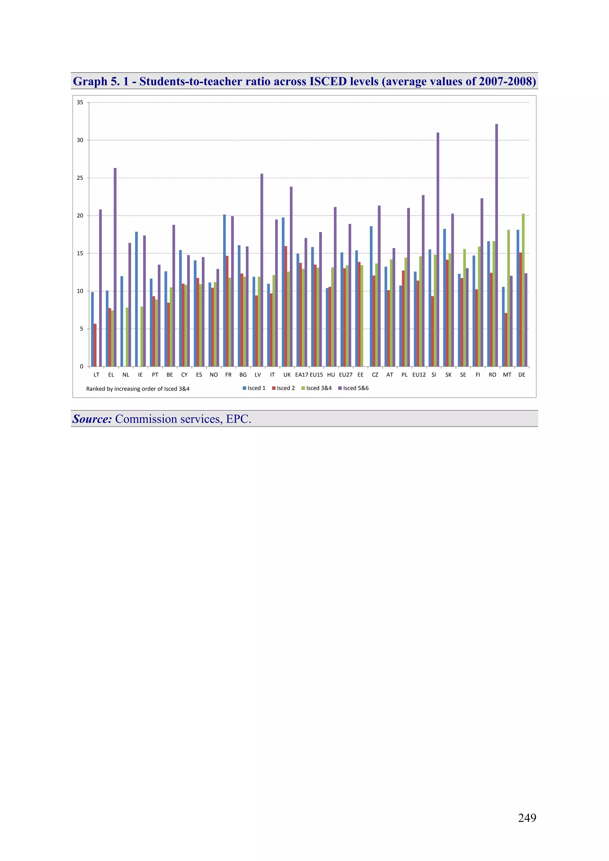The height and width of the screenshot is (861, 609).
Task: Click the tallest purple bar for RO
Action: point(496,245)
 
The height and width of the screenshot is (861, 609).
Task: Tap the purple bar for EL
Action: point(115,267)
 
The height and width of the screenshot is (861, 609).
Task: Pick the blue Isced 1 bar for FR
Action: point(225,290)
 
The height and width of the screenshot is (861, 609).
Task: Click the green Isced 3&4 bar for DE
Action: point(523,290)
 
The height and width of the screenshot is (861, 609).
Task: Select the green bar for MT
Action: point(508,298)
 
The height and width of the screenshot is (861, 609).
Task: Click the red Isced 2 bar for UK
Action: point(286,306)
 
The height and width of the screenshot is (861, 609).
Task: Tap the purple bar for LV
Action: point(262,270)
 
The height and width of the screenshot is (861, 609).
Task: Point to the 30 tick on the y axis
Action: point(80,140)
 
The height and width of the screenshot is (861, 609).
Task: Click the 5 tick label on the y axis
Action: point(81,329)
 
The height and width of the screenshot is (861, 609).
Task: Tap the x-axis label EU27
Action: point(346,374)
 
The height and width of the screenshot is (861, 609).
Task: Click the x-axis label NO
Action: point(214,374)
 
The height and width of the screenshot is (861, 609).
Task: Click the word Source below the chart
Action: point(92,419)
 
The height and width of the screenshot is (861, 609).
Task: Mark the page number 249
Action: point(527,818)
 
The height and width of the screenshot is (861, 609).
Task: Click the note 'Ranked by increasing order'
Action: point(138,389)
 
